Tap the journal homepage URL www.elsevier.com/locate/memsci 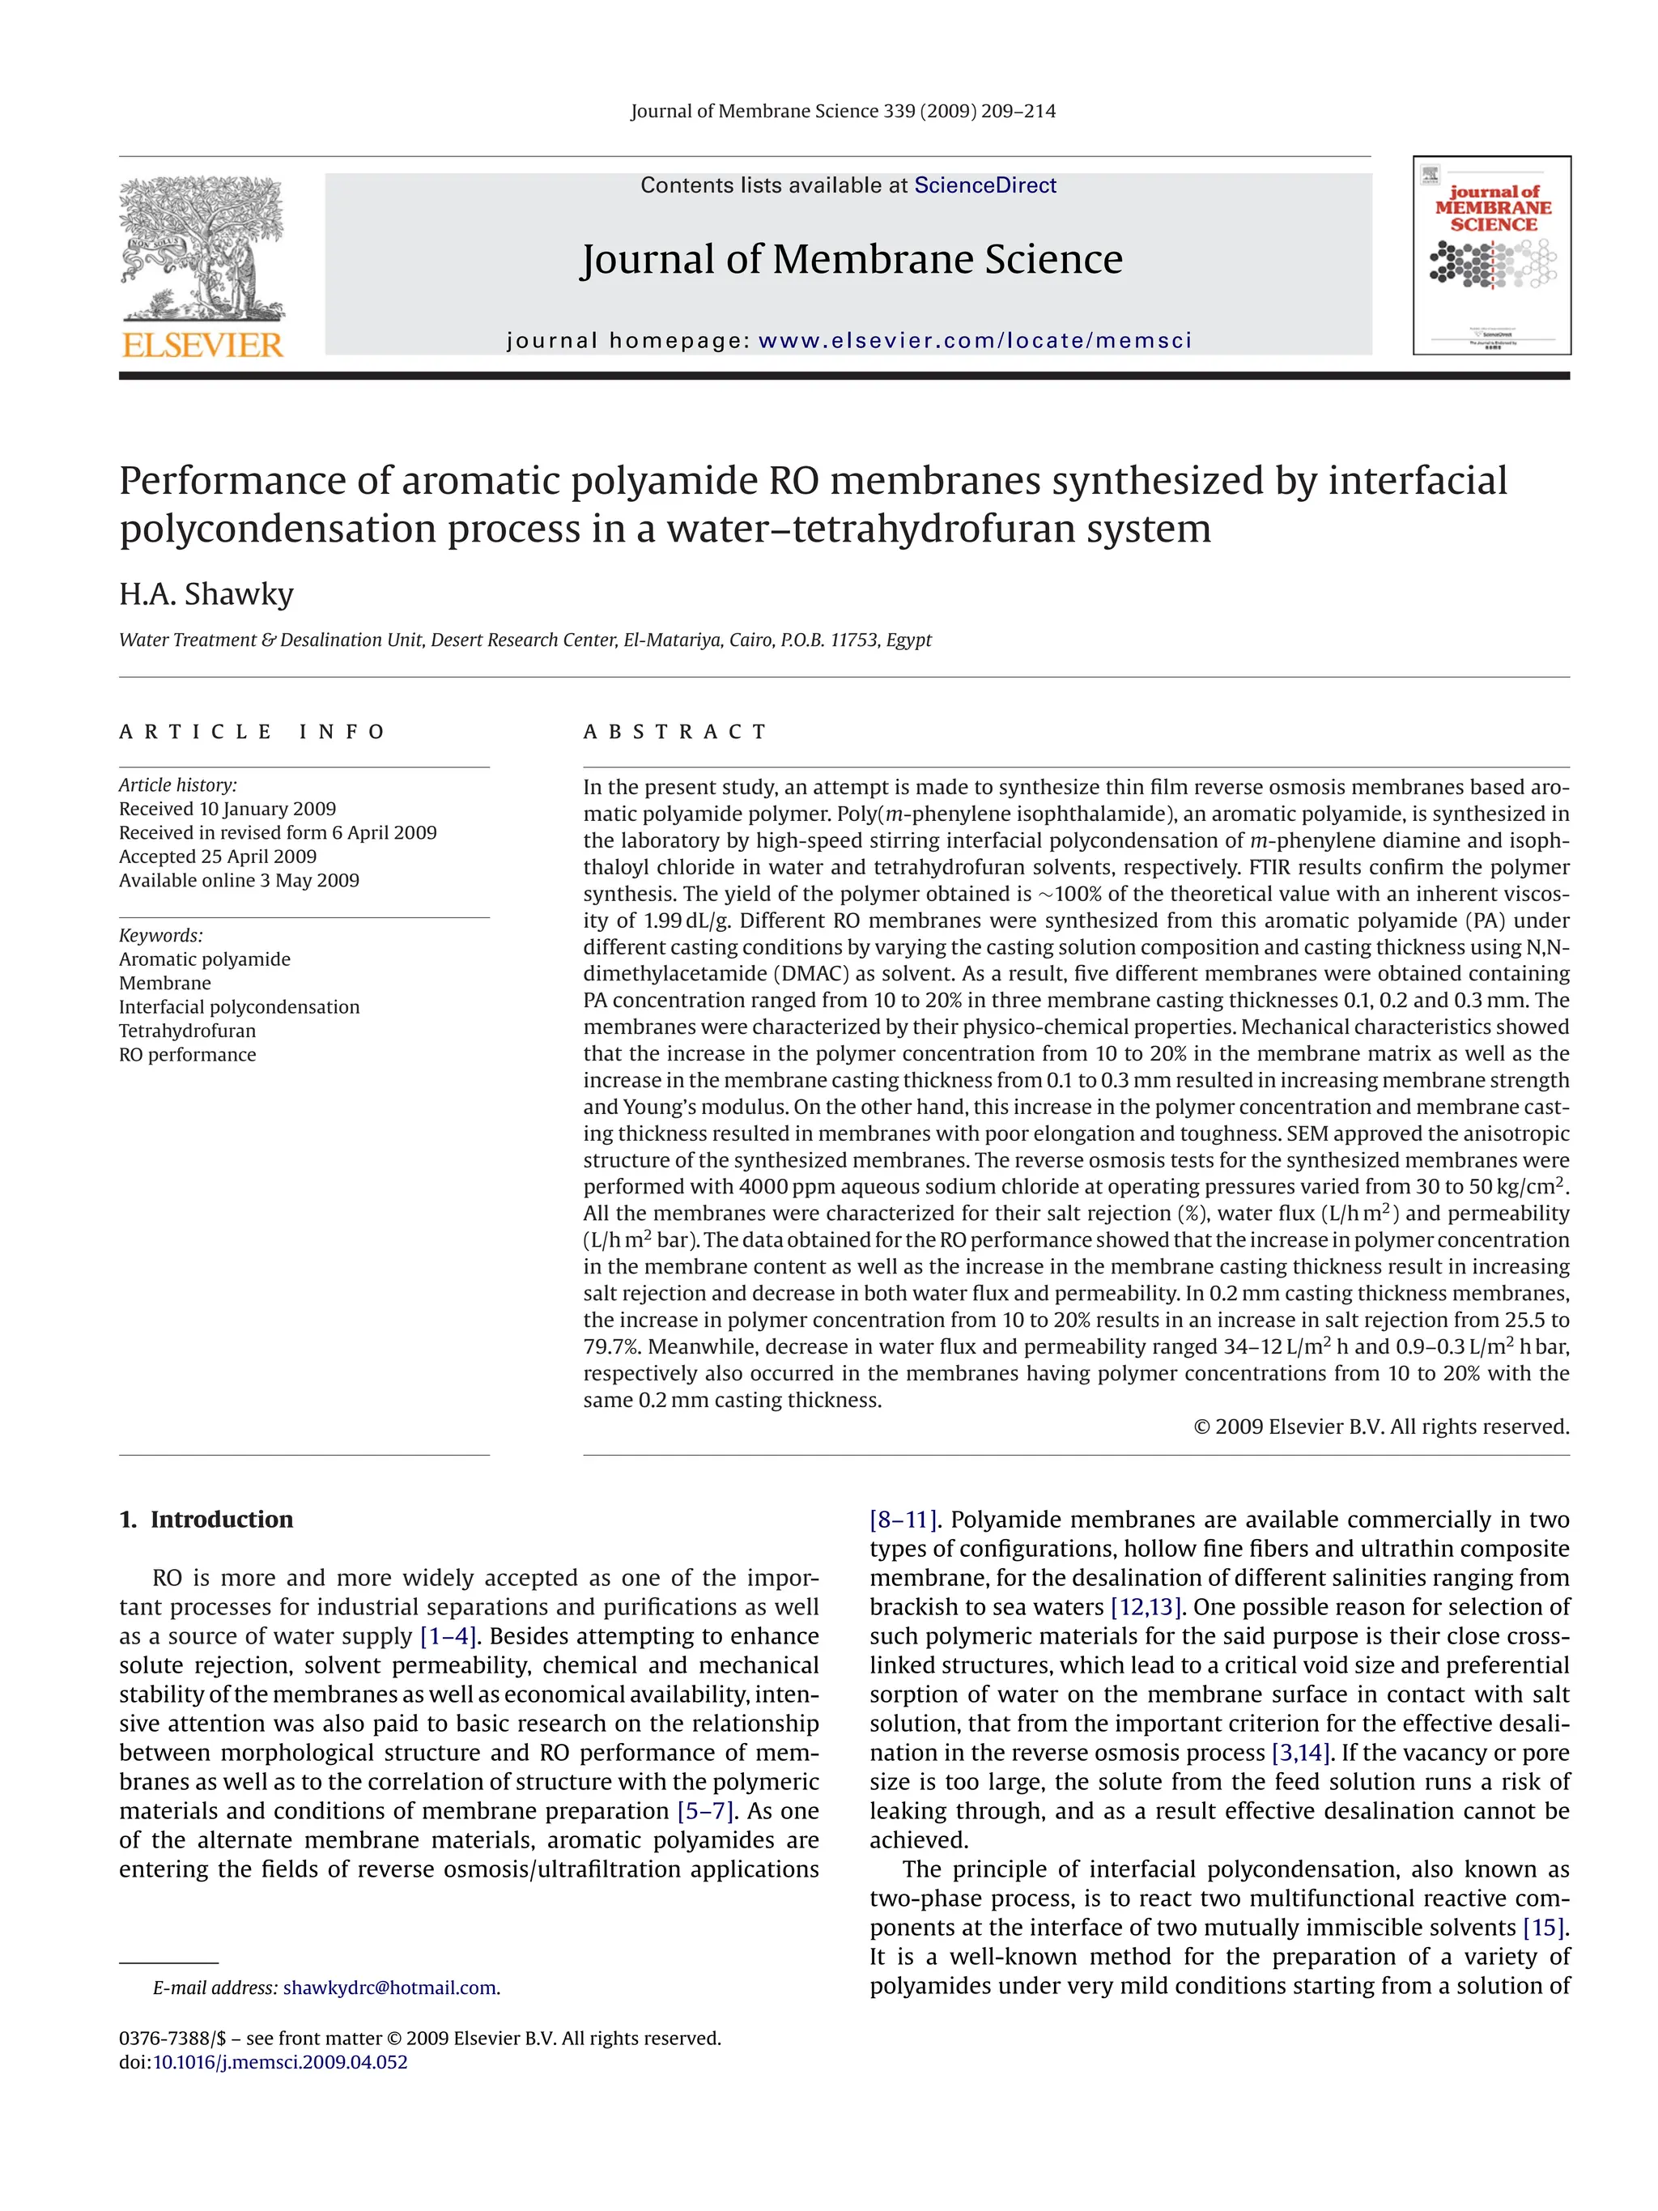pyautogui.click(x=975, y=341)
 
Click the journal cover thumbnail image pyautogui.click(x=1491, y=255)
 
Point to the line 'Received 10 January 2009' pyautogui.click(x=227, y=809)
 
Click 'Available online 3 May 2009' pyautogui.click(x=239, y=881)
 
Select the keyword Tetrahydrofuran pyautogui.click(x=187, y=1031)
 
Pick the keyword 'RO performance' pyautogui.click(x=187, y=1055)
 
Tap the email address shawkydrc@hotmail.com pyautogui.click(x=389, y=1987)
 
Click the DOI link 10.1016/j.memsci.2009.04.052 pyautogui.click(x=280, y=2062)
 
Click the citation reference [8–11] pyautogui.click(x=903, y=1520)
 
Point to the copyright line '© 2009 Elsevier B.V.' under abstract pyautogui.click(x=1380, y=1427)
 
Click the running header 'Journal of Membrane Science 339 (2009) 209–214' pyautogui.click(x=843, y=111)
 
